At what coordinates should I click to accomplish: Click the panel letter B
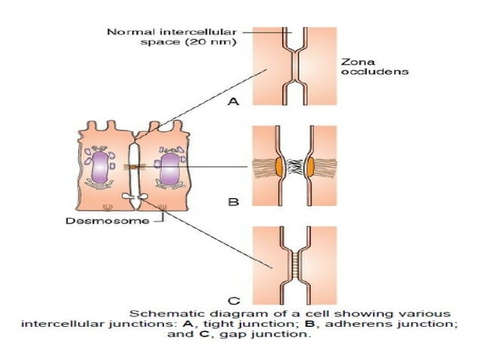234,202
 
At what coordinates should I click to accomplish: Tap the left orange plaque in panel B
280,164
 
